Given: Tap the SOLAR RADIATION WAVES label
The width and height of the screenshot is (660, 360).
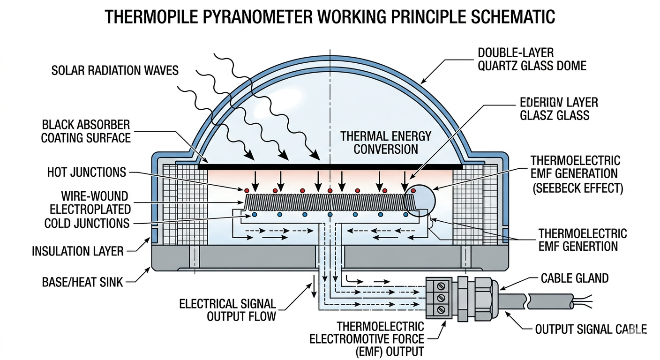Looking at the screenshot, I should click(115, 71).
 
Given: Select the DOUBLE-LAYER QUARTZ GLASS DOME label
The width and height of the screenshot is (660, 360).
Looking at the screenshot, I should click(532, 59).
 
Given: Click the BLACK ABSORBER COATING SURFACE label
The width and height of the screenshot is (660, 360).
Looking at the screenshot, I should click(85, 132).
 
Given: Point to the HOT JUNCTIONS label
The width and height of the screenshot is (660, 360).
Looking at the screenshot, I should click(86, 172).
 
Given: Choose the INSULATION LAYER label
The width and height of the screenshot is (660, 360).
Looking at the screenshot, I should click(77, 251).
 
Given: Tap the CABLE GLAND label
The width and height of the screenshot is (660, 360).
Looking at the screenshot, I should click(574, 278).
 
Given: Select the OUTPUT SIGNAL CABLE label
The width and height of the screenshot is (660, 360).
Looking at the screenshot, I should click(591, 329).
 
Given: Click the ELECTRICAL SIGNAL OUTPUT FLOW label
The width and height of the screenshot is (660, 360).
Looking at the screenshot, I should click(228, 309).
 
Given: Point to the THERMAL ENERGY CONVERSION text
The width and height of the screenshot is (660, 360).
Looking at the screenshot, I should click(385, 142).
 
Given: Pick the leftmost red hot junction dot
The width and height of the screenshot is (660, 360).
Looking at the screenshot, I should click(247, 190).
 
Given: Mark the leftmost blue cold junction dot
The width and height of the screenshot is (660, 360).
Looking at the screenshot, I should click(254, 215).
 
